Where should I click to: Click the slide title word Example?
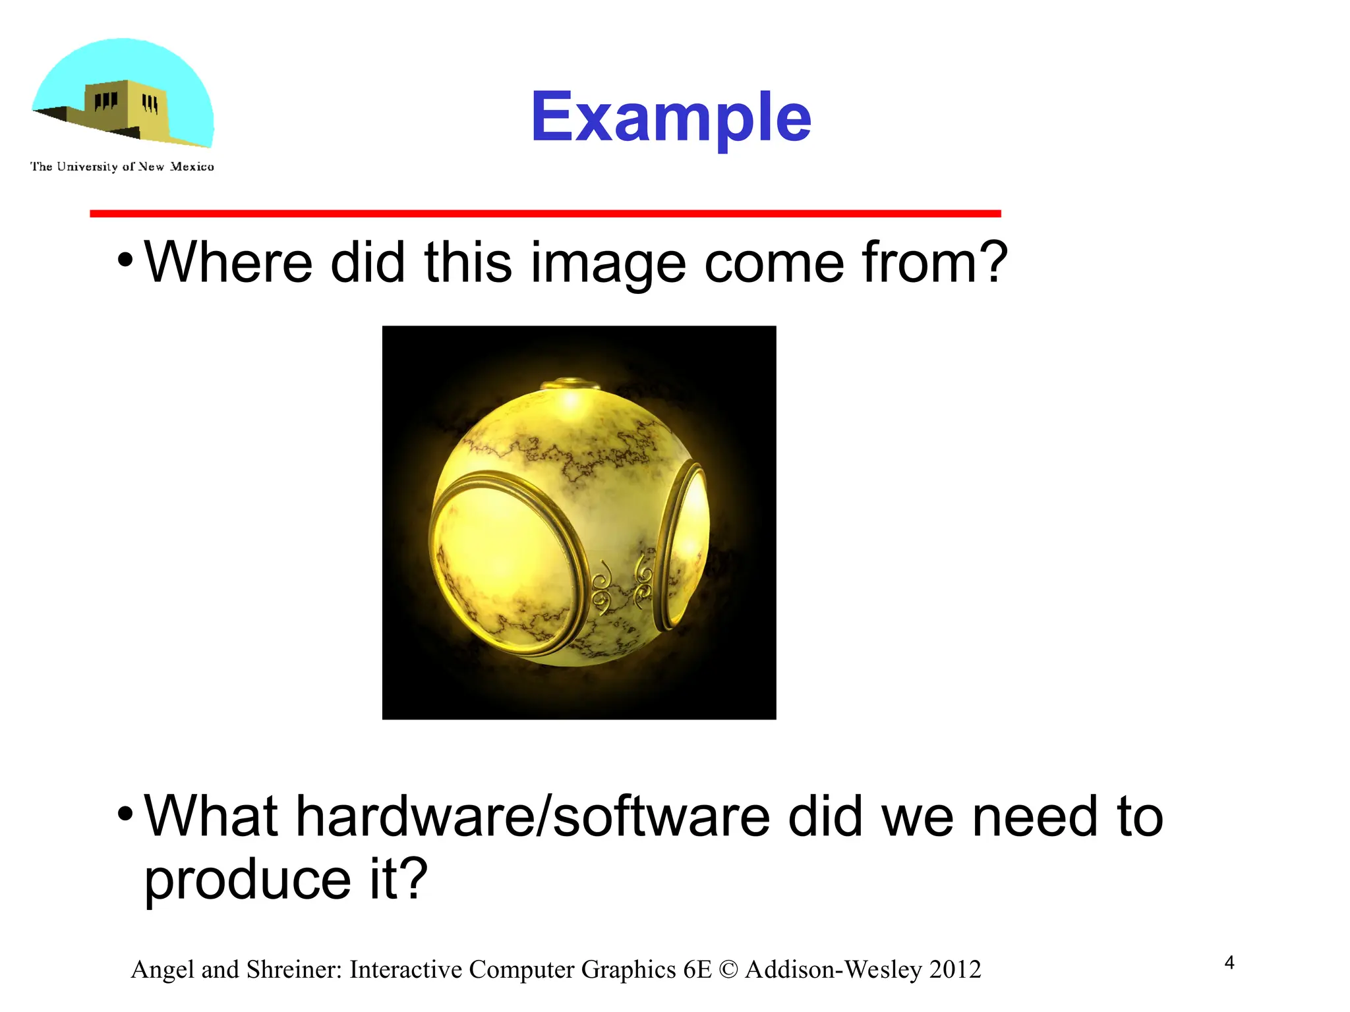[x=670, y=117]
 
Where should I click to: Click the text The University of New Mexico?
[x=122, y=167]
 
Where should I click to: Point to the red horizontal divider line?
[x=545, y=213]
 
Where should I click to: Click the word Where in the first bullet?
[x=228, y=262]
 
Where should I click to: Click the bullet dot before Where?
[x=125, y=260]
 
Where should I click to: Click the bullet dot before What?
[x=125, y=814]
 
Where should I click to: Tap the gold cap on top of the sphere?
[x=569, y=385]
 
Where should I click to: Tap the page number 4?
[x=1229, y=963]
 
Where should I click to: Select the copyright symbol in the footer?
[x=728, y=970]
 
